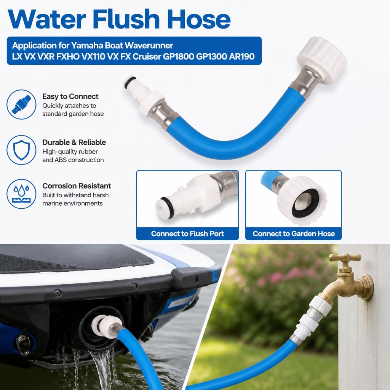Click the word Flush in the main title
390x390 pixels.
tap(126, 19)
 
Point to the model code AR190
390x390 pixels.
tap(242, 56)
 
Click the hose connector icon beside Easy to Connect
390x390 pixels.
tap(21, 104)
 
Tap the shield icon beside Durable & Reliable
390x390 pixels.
tap(21, 150)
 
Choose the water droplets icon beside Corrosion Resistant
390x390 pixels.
tap(21, 194)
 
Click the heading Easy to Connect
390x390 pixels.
tap(70, 96)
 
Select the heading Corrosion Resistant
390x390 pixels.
tap(77, 186)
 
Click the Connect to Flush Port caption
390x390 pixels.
tap(187, 233)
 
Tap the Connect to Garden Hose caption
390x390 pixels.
tap(294, 233)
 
